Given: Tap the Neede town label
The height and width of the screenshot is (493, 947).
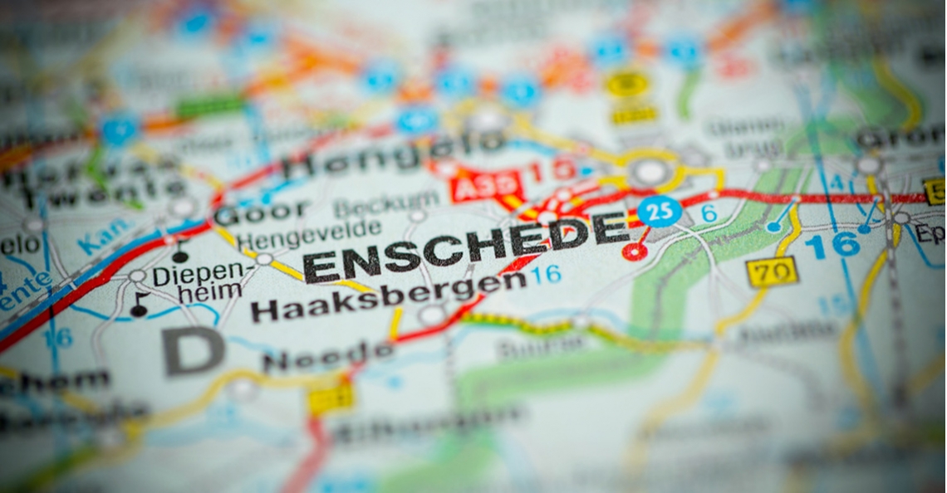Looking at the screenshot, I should pos(327,357).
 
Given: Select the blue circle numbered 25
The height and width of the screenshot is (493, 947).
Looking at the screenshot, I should pos(660,211).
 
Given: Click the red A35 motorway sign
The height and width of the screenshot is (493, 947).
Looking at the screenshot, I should pos(488,185).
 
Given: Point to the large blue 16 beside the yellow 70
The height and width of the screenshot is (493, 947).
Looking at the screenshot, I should pos(832,245).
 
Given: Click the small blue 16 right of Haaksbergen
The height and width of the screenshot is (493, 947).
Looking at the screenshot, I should pos(546,275).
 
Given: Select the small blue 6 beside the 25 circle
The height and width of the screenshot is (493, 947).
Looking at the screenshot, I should pos(708,213).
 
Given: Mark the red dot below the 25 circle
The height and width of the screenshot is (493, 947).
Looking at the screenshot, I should pos(635,251).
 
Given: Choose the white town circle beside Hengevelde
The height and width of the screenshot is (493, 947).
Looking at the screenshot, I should pos(264,259).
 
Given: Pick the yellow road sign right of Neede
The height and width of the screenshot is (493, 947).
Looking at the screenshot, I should pos(331,399).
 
